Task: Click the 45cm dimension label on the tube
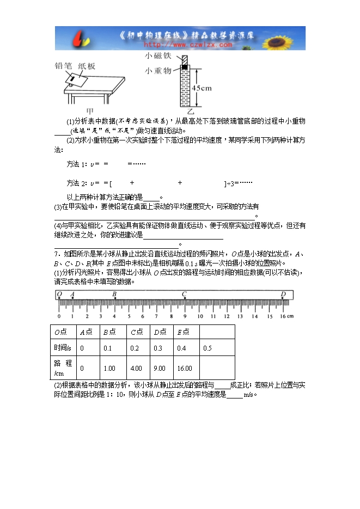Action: pos(203,88)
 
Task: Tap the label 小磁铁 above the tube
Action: pos(157,56)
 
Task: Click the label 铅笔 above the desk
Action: pos(64,66)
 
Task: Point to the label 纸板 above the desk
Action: pos(87,66)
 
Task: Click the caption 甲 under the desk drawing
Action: pos(90,111)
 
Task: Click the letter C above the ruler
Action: pos(184,295)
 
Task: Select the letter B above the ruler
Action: pos(114,295)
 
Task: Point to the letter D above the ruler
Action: pos(283,295)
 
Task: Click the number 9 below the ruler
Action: pos(184,316)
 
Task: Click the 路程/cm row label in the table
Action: pos(63,367)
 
